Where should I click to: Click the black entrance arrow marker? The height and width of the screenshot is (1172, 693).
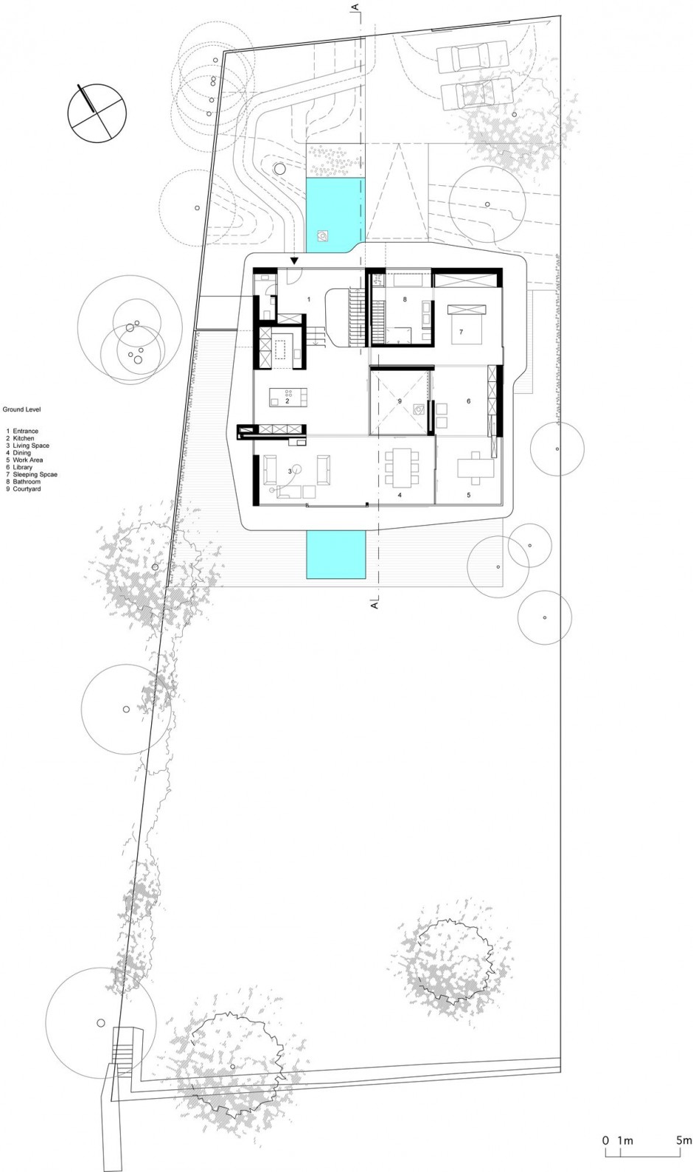(x=294, y=260)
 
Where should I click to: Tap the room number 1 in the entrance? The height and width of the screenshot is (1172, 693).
(x=309, y=299)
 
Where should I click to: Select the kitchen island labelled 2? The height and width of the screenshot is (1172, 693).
(x=288, y=396)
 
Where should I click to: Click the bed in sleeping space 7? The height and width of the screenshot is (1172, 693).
(x=465, y=324)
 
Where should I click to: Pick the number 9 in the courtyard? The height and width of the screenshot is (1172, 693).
(x=399, y=401)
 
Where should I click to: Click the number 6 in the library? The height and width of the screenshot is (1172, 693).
(x=469, y=401)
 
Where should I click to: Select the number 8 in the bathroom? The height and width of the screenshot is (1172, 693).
(x=405, y=299)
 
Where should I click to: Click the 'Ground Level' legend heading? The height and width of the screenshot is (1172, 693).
(x=21, y=409)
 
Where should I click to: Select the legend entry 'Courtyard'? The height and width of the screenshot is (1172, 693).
(x=27, y=489)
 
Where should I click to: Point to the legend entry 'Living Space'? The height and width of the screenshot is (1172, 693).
(x=32, y=445)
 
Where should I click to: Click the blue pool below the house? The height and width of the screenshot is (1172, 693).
(x=335, y=555)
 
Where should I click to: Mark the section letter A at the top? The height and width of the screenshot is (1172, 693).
(x=355, y=7)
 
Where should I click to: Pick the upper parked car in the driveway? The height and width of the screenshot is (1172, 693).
(x=465, y=57)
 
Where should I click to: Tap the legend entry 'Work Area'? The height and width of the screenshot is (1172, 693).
(x=28, y=460)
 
